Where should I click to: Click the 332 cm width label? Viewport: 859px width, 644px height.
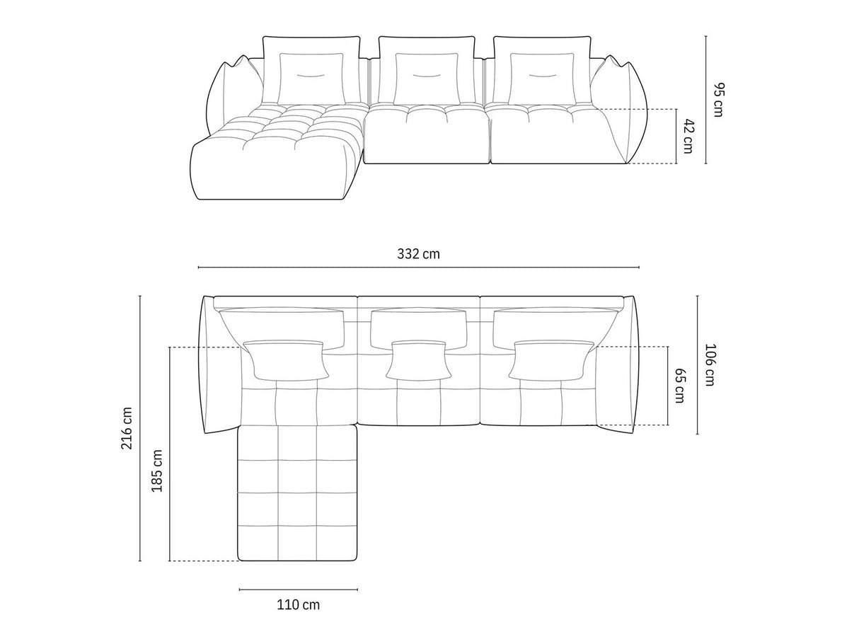[x=418, y=254]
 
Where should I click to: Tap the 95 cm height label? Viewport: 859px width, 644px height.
[x=718, y=100]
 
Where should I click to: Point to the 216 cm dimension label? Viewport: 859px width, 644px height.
[x=127, y=428]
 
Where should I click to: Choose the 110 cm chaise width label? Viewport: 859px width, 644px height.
[x=298, y=604]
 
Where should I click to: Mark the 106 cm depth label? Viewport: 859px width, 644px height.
[x=710, y=364]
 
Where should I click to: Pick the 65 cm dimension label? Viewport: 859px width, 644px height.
[x=679, y=385]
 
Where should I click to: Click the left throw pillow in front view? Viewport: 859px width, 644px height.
[x=312, y=78]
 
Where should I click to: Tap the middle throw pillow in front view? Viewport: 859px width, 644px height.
[x=426, y=78]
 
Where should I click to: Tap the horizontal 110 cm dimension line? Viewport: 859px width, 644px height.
[x=298, y=589]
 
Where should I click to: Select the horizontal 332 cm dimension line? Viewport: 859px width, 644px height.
[x=418, y=268]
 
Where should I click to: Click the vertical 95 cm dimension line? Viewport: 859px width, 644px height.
[x=705, y=100]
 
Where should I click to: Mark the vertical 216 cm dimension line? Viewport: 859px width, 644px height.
[x=140, y=428]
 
